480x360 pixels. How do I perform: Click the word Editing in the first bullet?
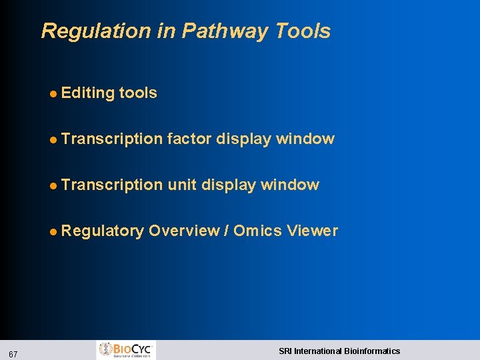(87, 93)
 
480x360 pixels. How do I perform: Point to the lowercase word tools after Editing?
(138, 93)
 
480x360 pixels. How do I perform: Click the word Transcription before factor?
(111, 139)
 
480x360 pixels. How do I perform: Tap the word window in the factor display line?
(305, 139)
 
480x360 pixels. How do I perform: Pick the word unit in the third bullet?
(182, 185)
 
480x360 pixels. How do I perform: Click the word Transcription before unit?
(111, 185)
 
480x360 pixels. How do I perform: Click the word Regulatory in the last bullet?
(102, 231)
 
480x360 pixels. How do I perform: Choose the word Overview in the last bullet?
(184, 231)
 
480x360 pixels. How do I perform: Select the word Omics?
(257, 231)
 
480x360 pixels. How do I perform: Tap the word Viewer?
(312, 231)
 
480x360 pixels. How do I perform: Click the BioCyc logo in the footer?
(127, 350)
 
